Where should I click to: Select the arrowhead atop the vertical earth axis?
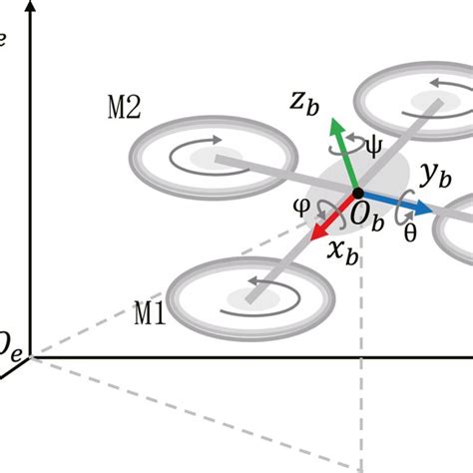pyautogui.click(x=34, y=22)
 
